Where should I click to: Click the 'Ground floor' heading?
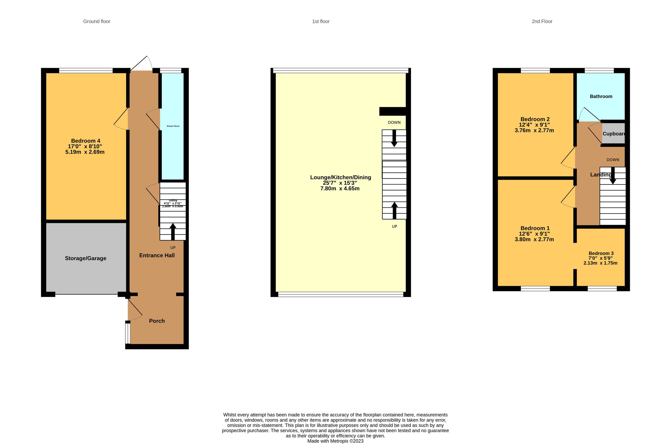[96, 22]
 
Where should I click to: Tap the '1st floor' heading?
[321, 22]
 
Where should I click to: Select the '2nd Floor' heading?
[542, 22]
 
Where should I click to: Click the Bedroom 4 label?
[85, 141]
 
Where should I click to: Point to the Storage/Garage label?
[85, 258]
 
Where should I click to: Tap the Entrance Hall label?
[157, 255]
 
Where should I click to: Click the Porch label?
[157, 321]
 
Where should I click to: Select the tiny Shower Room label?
[173, 126]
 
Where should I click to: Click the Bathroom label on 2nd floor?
[601, 97]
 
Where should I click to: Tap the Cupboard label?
[613, 134]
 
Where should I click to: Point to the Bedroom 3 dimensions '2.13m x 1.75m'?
[600, 263]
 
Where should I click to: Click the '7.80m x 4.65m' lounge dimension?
[340, 189]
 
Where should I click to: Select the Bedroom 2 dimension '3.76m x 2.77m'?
[534, 130]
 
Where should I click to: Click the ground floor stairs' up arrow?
[173, 231]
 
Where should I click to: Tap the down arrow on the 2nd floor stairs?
[613, 177]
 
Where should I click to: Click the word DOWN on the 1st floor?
[394, 123]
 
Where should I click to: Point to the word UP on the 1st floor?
[394, 226]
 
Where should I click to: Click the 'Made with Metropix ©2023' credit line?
[335, 441]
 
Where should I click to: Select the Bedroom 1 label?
[535, 228]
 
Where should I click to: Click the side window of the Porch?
[128, 333]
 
